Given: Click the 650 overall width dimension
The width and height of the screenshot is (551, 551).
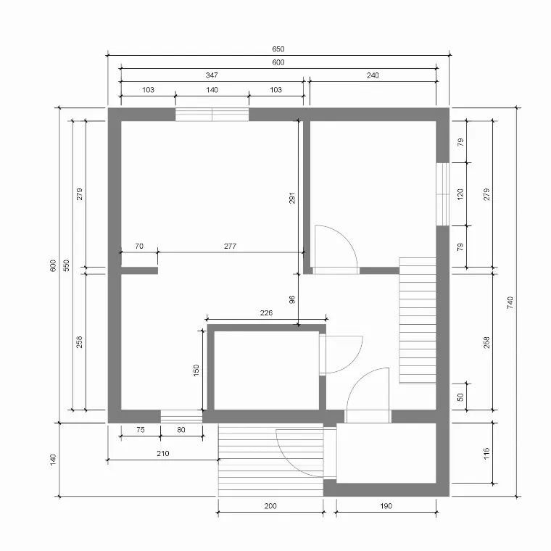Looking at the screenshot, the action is pyautogui.click(x=278, y=49).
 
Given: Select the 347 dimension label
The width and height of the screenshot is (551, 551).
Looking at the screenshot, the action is pyautogui.click(x=212, y=75).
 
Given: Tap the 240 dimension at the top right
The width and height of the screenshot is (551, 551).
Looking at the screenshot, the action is pyautogui.click(x=373, y=75).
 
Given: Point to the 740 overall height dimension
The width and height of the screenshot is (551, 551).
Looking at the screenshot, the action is pyautogui.click(x=510, y=302).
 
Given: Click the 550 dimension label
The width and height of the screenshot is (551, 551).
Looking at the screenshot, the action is pyautogui.click(x=66, y=265).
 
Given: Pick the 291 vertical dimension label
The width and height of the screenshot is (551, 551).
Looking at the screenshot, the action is pyautogui.click(x=292, y=198).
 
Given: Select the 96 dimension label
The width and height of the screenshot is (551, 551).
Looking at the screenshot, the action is pyautogui.click(x=292, y=299).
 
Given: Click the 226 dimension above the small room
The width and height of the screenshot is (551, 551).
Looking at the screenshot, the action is pyautogui.click(x=266, y=312).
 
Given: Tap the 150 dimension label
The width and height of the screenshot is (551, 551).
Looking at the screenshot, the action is pyautogui.click(x=196, y=370).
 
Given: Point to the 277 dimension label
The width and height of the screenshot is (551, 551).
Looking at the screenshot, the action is pyautogui.click(x=230, y=246).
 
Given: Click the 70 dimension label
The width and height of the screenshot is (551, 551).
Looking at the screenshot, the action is pyautogui.click(x=139, y=246).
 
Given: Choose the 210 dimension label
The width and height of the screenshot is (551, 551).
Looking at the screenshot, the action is pyautogui.click(x=162, y=453).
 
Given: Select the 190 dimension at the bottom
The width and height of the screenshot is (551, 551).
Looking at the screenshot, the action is pyautogui.click(x=386, y=506).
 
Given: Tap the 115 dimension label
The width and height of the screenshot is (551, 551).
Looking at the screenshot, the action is pyautogui.click(x=486, y=453).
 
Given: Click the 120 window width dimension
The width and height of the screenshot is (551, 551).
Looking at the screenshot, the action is pyautogui.click(x=460, y=194).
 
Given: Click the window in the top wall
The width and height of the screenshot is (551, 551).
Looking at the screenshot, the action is pyautogui.click(x=212, y=115).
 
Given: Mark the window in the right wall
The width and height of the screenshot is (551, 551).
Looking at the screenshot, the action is pyautogui.click(x=443, y=194).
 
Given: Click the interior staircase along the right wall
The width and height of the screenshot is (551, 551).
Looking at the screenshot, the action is pyautogui.click(x=418, y=320).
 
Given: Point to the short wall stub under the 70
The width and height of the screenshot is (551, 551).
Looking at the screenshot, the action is pyautogui.click(x=139, y=270).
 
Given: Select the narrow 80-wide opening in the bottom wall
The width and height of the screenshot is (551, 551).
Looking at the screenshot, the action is pyautogui.click(x=182, y=416).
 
